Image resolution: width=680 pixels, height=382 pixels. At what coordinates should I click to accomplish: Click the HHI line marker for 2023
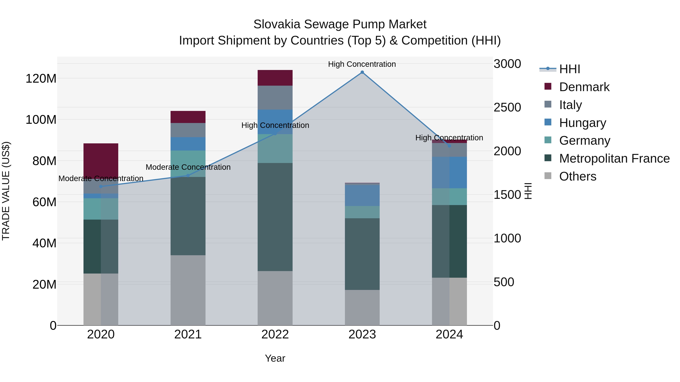click(x=362, y=72)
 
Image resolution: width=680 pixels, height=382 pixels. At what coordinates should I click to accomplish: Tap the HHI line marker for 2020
click(x=101, y=187)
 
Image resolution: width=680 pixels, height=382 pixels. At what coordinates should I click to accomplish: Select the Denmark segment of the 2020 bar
click(x=101, y=159)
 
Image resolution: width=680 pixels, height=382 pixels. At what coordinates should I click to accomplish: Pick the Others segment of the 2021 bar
click(x=188, y=290)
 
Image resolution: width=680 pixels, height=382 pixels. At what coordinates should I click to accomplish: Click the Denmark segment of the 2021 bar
click(x=188, y=117)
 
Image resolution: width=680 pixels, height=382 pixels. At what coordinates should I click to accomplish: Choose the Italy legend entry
click(x=570, y=105)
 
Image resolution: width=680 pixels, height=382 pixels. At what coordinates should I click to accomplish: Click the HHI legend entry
click(x=569, y=69)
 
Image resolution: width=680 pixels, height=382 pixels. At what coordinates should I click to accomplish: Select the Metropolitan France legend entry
click(x=614, y=158)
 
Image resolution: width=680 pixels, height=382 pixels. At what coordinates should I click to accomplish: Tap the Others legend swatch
click(x=548, y=176)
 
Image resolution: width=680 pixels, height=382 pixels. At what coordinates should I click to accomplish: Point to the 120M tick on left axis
click(x=41, y=78)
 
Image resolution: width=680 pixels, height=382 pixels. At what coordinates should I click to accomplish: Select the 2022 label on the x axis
click(x=275, y=334)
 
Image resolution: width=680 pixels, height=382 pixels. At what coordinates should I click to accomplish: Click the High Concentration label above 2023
click(x=362, y=64)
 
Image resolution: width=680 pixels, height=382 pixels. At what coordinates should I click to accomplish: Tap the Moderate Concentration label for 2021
click(x=188, y=167)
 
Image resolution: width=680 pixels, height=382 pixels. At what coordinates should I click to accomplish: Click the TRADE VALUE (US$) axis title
click(x=6, y=191)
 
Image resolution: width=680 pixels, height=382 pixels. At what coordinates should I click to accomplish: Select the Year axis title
click(x=275, y=358)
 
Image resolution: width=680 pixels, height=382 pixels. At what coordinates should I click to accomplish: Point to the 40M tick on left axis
click(x=44, y=243)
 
